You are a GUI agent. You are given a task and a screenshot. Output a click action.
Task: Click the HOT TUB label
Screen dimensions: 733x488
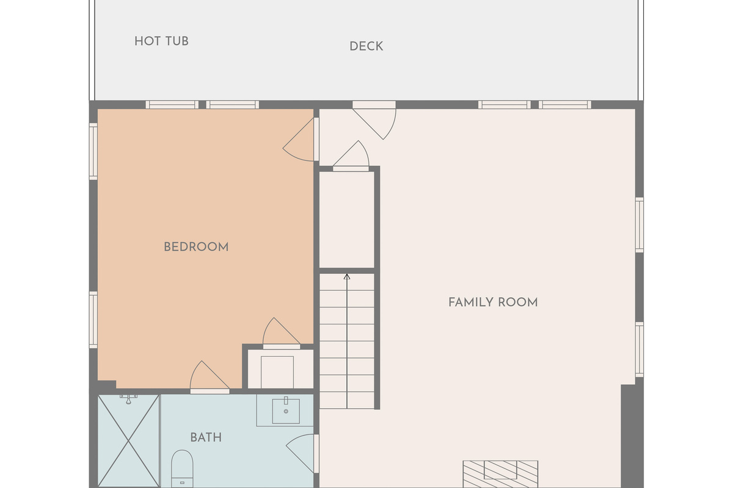(161, 41)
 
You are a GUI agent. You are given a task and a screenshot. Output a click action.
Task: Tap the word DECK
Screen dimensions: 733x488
(366, 46)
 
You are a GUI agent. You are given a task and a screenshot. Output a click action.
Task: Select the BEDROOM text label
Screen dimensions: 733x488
(196, 247)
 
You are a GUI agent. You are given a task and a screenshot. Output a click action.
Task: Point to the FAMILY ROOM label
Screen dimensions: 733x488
(493, 303)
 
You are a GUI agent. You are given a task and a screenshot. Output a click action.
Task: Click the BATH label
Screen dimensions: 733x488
(206, 437)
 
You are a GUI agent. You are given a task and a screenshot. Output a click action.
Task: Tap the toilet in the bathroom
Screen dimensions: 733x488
(182, 468)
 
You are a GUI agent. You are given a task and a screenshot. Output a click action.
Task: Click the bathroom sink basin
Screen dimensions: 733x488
(286, 411)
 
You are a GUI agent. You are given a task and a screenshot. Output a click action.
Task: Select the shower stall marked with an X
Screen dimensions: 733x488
(129, 441)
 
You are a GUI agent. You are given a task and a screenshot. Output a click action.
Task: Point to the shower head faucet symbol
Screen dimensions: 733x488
(129, 399)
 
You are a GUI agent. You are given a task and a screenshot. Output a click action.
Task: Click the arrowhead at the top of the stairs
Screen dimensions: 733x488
(347, 277)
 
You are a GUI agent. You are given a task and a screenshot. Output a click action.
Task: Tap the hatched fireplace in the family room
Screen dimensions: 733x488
(500, 474)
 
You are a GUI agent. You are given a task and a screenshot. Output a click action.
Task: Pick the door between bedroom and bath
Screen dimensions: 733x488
(210, 377)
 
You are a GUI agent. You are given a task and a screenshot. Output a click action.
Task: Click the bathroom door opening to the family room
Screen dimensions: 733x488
(302, 453)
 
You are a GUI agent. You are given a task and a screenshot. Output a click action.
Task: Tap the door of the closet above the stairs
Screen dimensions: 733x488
(351, 156)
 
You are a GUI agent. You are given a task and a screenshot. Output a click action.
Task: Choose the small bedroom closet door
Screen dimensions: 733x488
(282, 333)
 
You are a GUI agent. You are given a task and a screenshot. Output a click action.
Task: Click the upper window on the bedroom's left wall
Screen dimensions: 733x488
(93, 151)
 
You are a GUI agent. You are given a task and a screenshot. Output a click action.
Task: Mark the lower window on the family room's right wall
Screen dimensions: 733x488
(640, 350)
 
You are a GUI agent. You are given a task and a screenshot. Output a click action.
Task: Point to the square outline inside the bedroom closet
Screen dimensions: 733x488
(277, 372)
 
